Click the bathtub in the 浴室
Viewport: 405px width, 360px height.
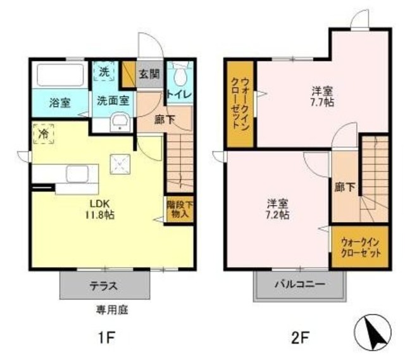[60, 75]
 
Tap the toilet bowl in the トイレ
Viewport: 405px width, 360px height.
[180, 75]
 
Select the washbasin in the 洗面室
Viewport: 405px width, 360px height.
[120, 123]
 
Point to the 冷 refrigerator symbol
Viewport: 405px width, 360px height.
[44, 133]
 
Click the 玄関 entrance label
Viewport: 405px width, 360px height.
[149, 75]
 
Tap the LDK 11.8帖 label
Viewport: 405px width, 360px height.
[100, 209]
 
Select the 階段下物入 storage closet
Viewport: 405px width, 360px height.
[179, 209]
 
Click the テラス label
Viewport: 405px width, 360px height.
[104, 286]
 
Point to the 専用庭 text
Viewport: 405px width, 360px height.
[112, 309]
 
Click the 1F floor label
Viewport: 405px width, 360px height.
[106, 337]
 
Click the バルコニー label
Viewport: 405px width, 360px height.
[299, 285]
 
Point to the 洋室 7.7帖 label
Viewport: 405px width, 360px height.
[322, 97]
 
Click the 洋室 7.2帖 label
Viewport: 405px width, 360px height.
[277, 209]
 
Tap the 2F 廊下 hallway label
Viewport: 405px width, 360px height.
[344, 187]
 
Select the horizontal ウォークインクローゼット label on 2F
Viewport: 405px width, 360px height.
[361, 248]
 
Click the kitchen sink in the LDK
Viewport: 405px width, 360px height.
[77, 174]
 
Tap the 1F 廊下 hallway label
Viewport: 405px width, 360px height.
[165, 120]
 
